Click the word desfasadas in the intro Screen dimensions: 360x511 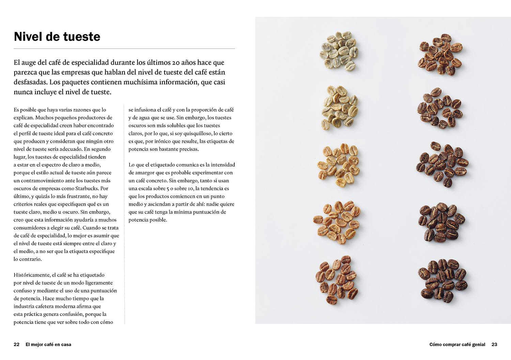pyautogui.click(x=30, y=82)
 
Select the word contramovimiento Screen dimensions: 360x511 pyautogui.click(x=43, y=181)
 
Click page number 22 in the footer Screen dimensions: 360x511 pyautogui.click(x=16, y=345)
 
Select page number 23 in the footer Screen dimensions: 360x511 pyautogui.click(x=494, y=345)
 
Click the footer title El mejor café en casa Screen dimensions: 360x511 pyautogui.click(x=48, y=345)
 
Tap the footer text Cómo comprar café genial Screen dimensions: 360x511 pyautogui.click(x=457, y=345)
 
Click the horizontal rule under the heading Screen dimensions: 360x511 pyautogui.click(x=124, y=49)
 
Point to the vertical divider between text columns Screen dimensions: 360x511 pyautogui.click(x=124, y=215)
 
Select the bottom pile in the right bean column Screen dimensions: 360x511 pyautogui.click(x=442, y=280)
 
